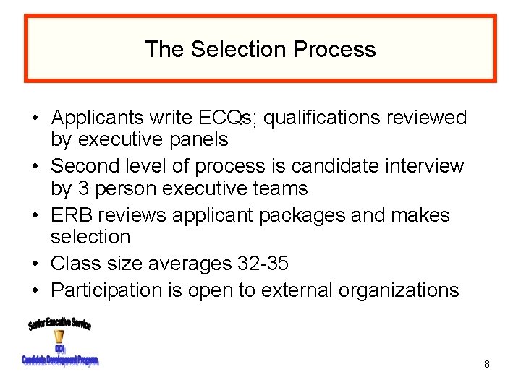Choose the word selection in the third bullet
click(90, 237)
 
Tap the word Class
click(76, 264)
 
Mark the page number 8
click(487, 365)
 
